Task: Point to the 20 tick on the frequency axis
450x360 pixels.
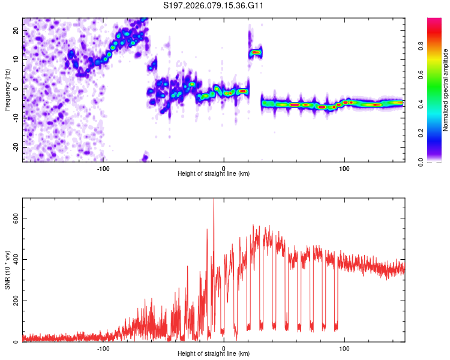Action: tap(16, 30)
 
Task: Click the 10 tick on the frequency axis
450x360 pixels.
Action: tap(16, 59)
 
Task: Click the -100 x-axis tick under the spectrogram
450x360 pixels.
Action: tap(103, 167)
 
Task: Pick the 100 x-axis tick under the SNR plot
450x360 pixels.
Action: tap(344, 347)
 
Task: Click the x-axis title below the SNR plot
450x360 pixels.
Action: tap(214, 354)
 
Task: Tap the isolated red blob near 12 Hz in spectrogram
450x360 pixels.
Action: tap(256, 52)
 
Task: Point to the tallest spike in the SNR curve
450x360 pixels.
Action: tap(214, 201)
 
